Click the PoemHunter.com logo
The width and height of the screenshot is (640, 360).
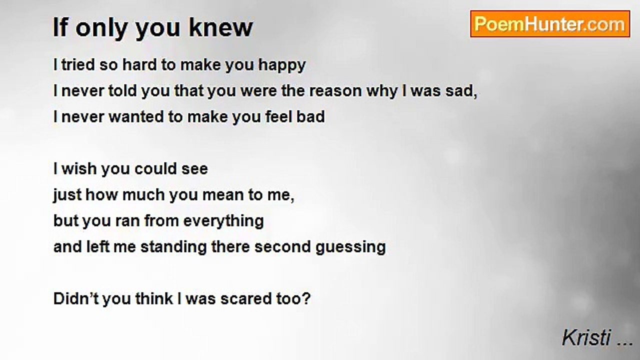(549, 24)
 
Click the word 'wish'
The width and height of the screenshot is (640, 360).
(79, 169)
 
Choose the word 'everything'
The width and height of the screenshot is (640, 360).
(223, 221)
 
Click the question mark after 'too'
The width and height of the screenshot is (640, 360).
(306, 299)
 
